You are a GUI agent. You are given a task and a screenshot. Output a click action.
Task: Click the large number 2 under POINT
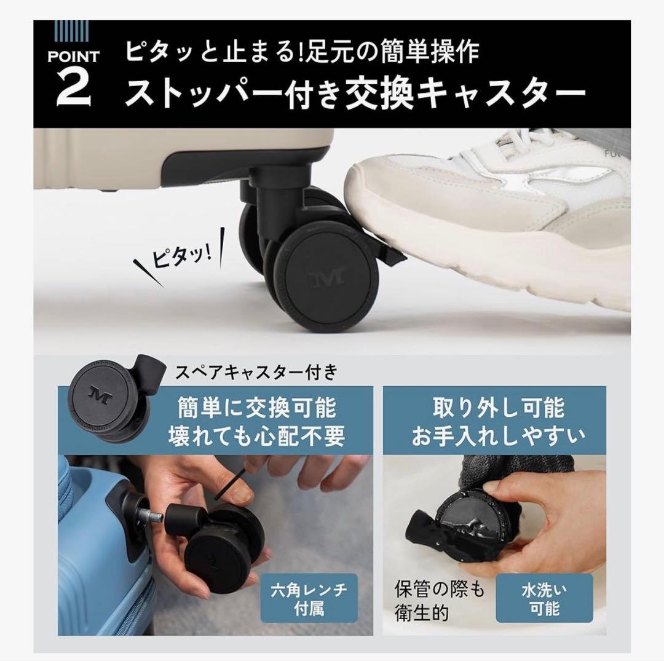tap(73, 87)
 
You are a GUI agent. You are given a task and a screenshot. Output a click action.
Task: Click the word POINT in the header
tap(73, 57)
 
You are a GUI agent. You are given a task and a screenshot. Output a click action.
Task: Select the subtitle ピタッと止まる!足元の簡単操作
tap(301, 52)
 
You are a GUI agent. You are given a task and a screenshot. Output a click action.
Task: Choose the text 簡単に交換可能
tap(256, 408)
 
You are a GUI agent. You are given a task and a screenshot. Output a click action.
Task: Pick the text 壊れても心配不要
tap(256, 436)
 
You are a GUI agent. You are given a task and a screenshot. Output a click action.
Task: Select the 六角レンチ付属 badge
tap(309, 600)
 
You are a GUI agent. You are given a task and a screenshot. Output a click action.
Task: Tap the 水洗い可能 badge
tap(544, 600)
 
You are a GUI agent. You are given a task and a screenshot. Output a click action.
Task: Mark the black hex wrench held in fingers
tap(231, 483)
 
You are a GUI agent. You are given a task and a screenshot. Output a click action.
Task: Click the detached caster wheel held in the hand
tap(221, 547)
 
